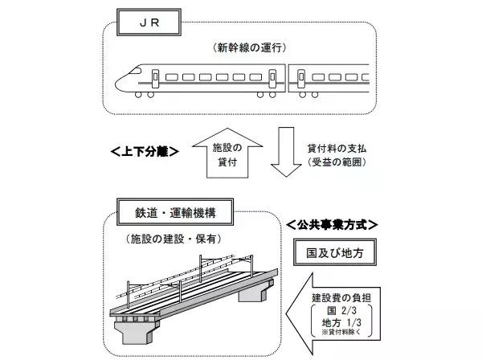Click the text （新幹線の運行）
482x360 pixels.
point(243,47)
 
